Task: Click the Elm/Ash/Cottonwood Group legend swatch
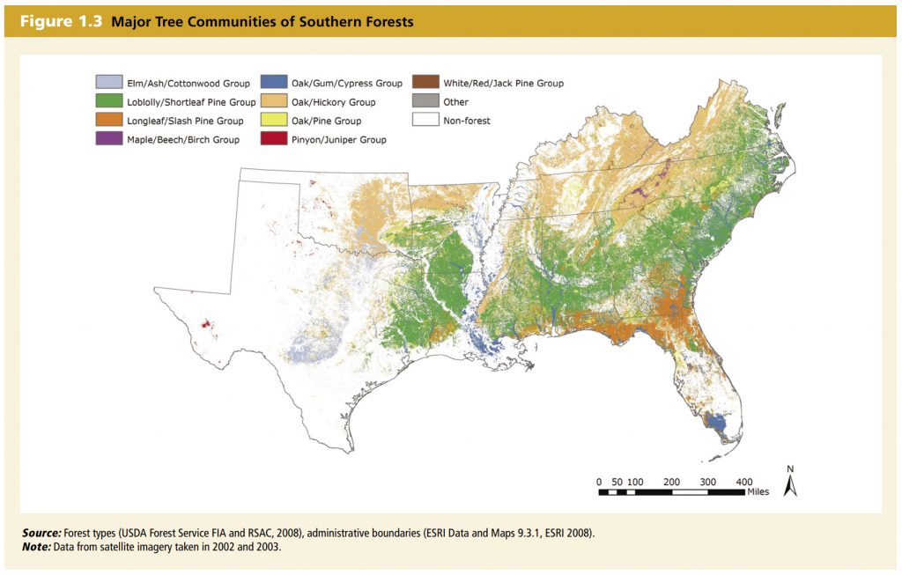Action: [x=108, y=84]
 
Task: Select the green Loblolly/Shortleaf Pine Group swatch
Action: [x=108, y=102]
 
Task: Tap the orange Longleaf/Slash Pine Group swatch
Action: [x=108, y=121]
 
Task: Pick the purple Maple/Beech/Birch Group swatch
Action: [x=108, y=139]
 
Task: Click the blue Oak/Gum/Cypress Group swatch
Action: [x=273, y=84]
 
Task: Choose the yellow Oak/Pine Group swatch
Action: [x=273, y=121]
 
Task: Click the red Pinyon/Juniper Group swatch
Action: [x=273, y=139]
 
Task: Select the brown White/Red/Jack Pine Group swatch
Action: [x=425, y=84]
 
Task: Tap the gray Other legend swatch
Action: [x=425, y=102]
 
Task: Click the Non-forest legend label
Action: [x=467, y=121]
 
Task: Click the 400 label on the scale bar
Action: [x=743, y=482]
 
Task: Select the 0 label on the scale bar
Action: [x=599, y=482]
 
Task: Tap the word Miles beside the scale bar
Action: [x=758, y=491]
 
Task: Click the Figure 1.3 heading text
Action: [x=58, y=22]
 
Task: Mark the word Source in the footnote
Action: [x=41, y=534]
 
